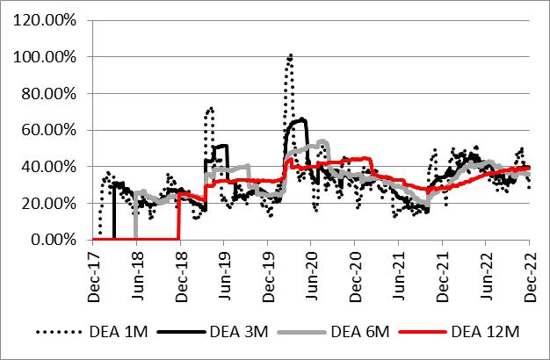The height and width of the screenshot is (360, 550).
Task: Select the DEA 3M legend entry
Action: point(233,332)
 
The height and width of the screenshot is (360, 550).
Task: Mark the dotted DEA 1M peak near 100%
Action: point(290,55)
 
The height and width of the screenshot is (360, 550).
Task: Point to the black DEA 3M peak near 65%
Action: point(302,119)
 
